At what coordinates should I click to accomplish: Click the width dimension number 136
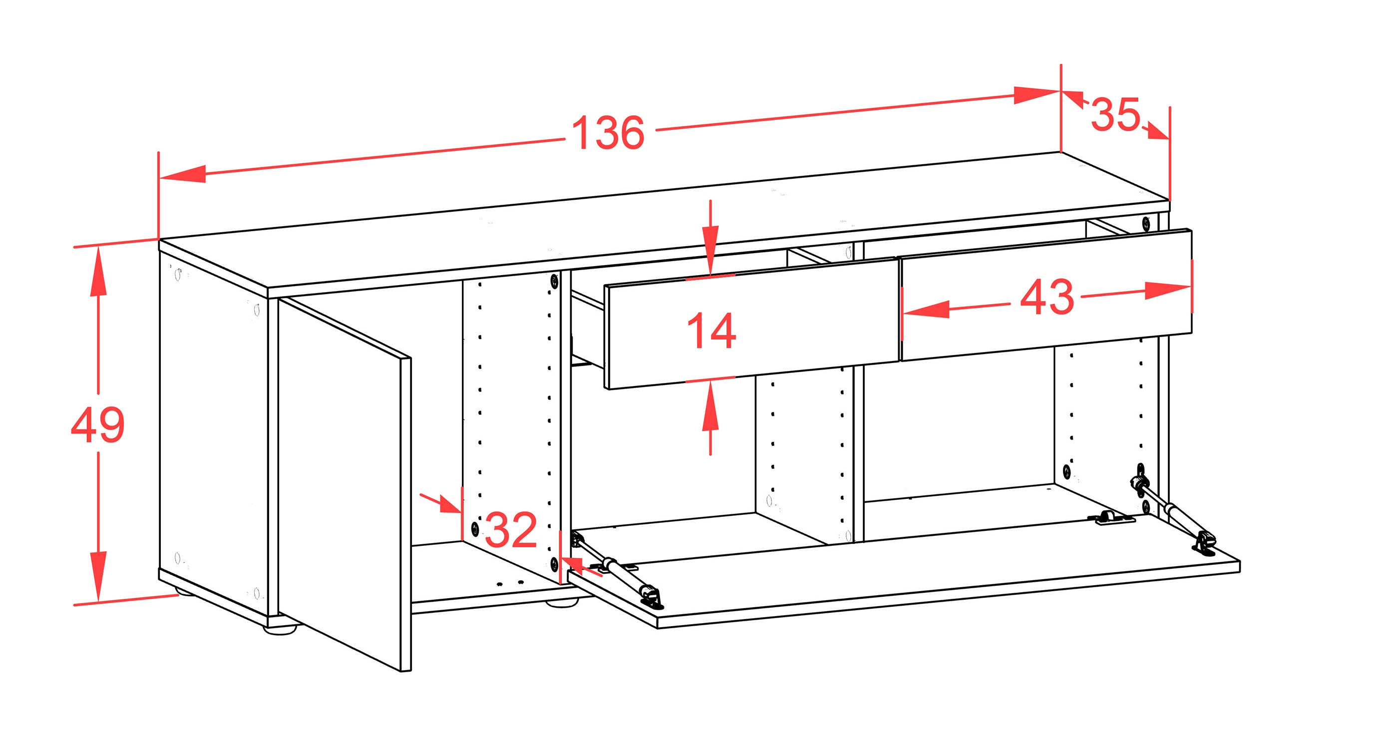(x=608, y=132)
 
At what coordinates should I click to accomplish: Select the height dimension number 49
(x=98, y=424)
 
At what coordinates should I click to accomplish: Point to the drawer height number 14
(x=711, y=331)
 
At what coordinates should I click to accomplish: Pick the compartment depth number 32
(x=511, y=529)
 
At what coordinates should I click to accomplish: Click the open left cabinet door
(x=345, y=484)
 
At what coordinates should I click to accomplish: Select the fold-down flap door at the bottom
(x=905, y=573)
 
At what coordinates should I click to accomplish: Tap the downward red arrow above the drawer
(x=710, y=238)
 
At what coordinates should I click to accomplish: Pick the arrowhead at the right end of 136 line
(x=1037, y=95)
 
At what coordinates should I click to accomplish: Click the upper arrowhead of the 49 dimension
(x=98, y=273)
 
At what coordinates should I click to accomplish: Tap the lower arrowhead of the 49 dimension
(x=98, y=576)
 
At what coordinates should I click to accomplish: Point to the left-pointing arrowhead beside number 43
(x=926, y=310)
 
